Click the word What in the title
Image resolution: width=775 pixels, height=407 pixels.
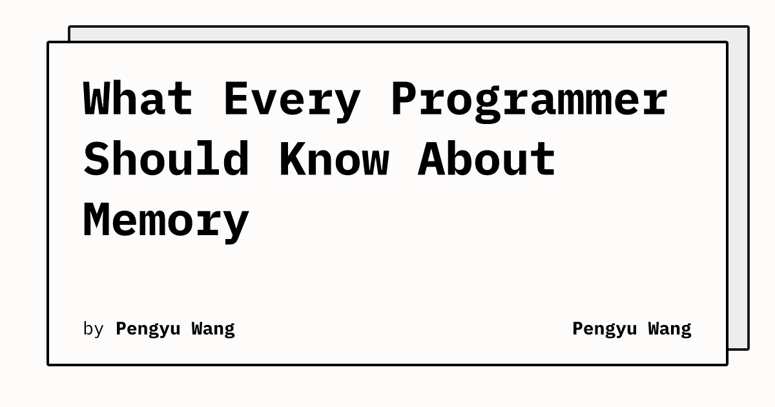coord(138,98)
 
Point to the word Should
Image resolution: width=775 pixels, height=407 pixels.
coord(166,158)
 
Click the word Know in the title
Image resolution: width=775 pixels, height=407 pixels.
coord(335,158)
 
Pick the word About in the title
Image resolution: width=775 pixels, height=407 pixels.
coord(486,158)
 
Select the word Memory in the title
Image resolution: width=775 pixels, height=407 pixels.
coord(166,223)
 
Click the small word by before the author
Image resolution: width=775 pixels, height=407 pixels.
coord(93,328)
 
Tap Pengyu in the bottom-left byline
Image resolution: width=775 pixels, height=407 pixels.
coord(148,329)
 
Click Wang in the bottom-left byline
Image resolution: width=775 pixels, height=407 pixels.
coord(213,329)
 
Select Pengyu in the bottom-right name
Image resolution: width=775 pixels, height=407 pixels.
coord(604,329)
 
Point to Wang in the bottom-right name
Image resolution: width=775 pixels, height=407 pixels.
coord(670,329)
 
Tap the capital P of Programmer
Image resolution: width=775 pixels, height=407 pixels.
coord(404,98)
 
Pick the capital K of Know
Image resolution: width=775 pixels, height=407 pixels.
coord(293,158)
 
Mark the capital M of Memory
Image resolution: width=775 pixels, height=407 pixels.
coord(95,220)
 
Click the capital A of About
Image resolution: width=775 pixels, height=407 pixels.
coord(431,158)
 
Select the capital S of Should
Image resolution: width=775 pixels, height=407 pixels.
coord(96,158)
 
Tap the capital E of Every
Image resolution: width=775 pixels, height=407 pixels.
coord(236,98)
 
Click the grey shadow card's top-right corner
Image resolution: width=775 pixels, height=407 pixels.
coord(749,26)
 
